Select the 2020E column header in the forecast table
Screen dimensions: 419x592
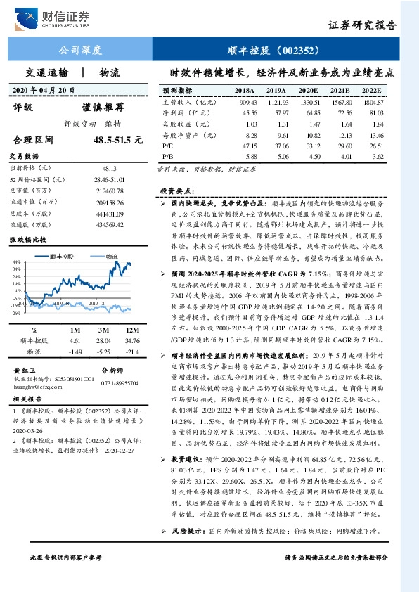tap(307, 91)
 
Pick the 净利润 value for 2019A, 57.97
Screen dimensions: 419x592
tap(276, 112)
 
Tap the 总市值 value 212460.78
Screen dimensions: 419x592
tap(109, 191)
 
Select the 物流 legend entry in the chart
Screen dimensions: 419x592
tap(110, 257)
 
